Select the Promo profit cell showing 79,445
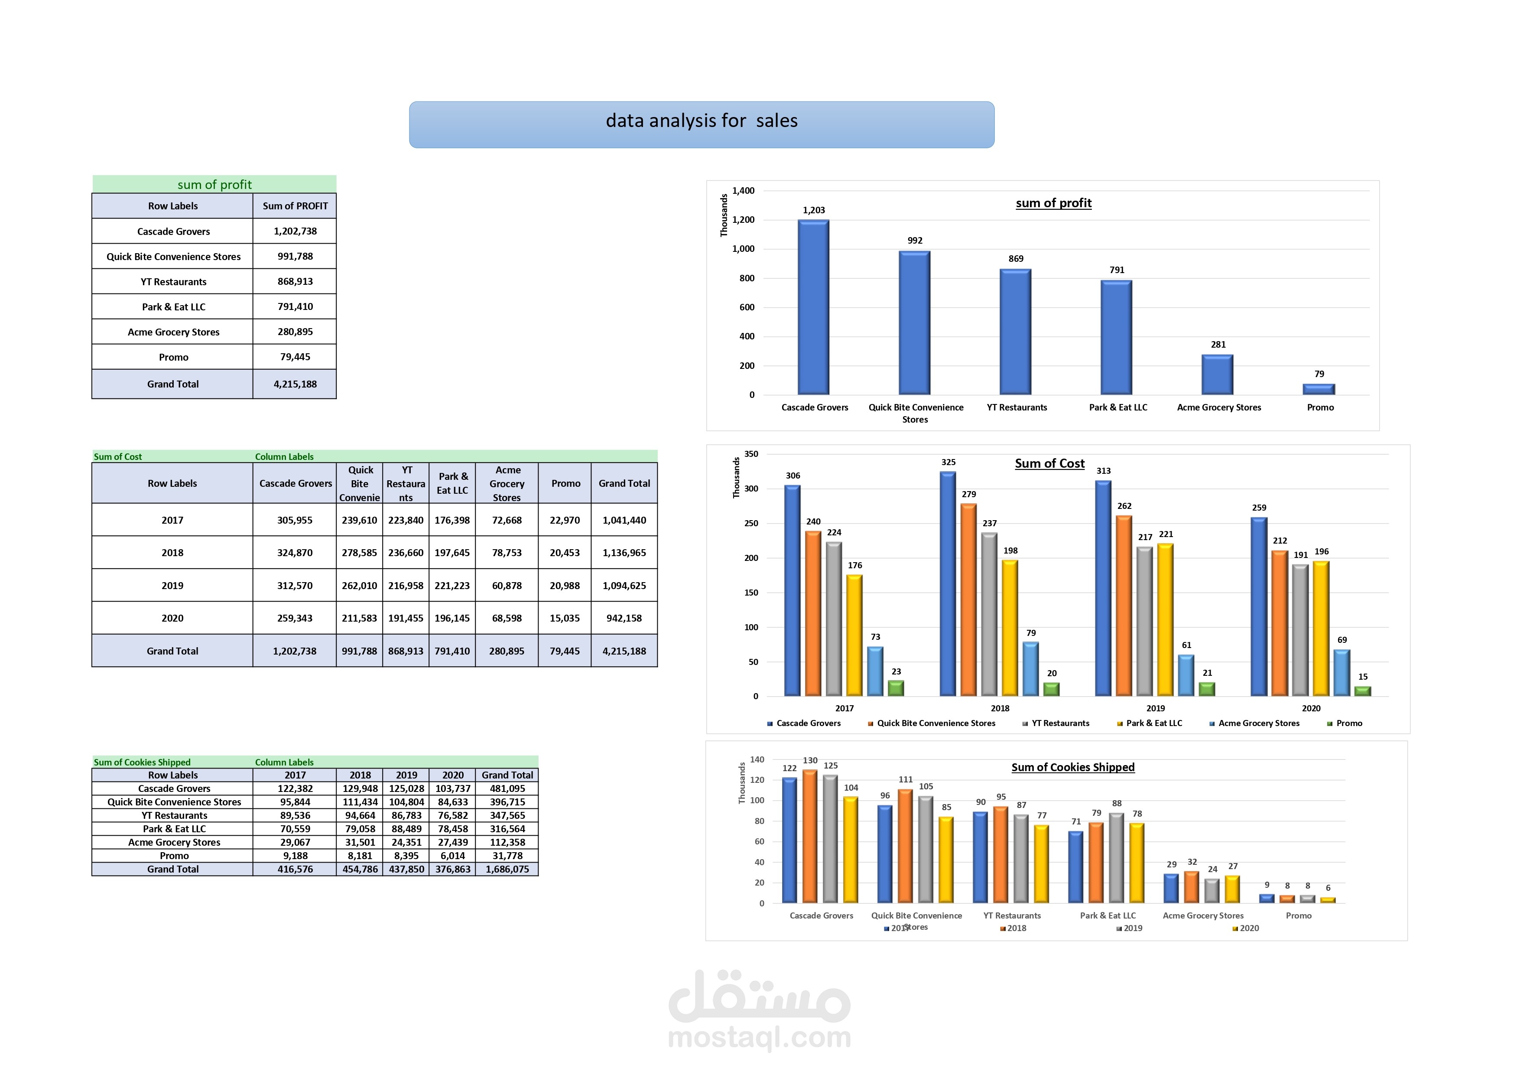[x=295, y=357]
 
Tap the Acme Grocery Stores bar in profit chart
[x=1217, y=375]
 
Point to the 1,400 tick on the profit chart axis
[x=743, y=191]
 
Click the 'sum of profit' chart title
[x=1053, y=203]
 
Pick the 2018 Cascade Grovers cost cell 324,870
[x=295, y=552]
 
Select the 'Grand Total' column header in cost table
[x=624, y=483]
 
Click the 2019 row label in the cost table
[x=172, y=586]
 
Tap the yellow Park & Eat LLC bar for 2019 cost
[x=1165, y=619]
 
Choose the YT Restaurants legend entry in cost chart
[x=1059, y=723]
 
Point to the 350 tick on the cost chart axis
[x=751, y=454]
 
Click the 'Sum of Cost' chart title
[x=1049, y=464]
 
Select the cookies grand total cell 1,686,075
[x=507, y=869]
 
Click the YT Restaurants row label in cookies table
[x=174, y=815]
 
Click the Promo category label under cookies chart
[x=1298, y=915]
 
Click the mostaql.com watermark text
[x=759, y=1036]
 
